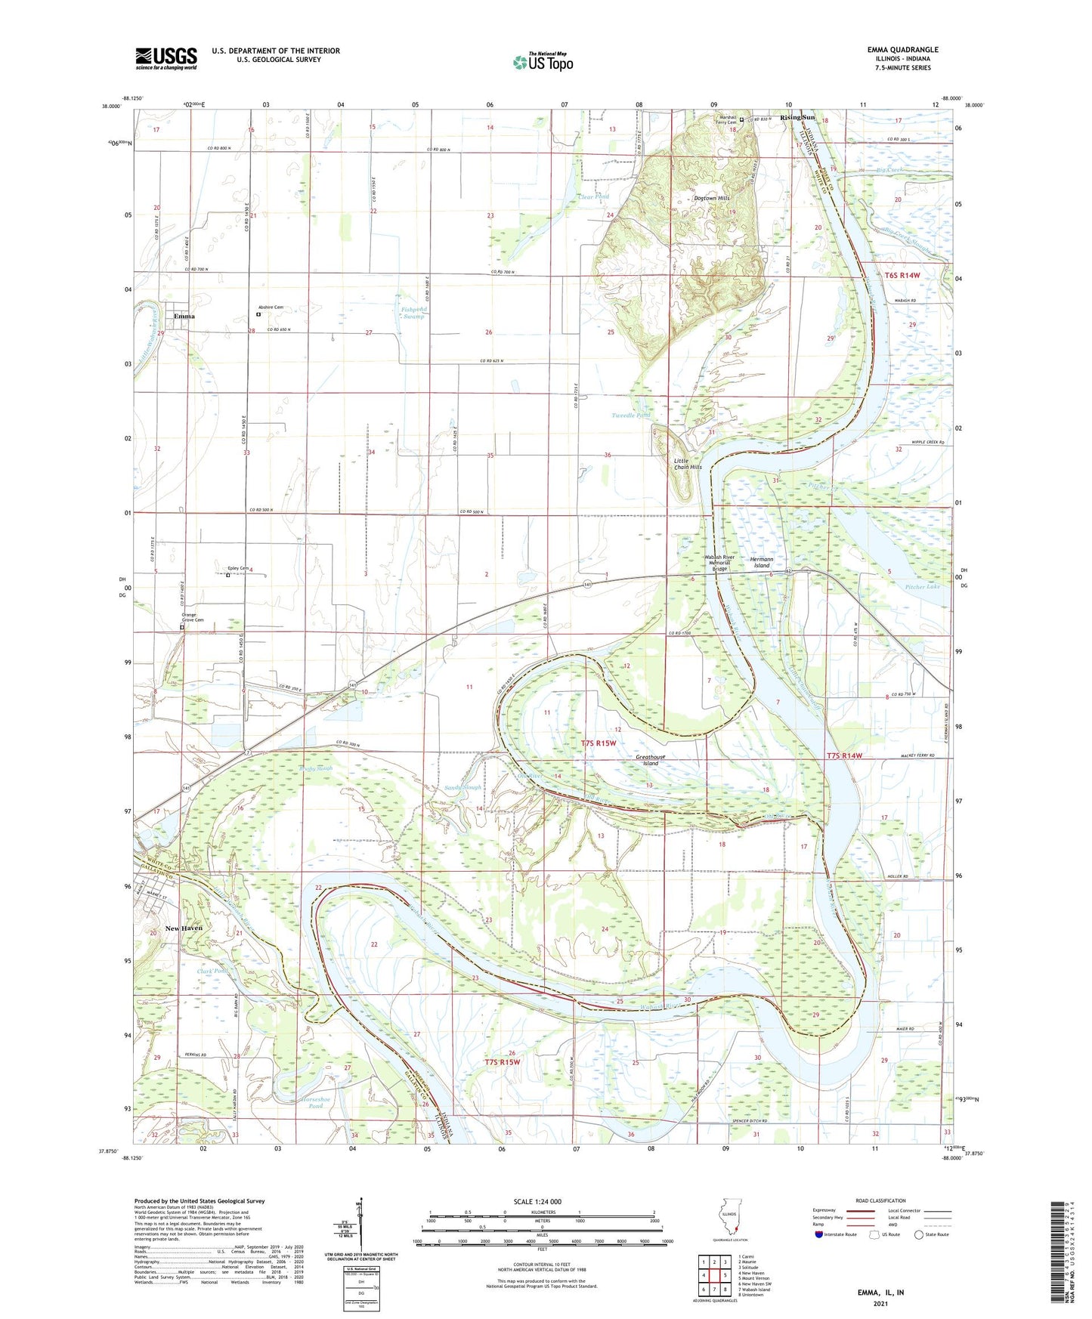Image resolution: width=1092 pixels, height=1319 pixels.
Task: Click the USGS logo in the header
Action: [166, 57]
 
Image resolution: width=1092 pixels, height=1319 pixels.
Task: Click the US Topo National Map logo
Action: [543, 61]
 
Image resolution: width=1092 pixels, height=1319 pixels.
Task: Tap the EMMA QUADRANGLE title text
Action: [902, 50]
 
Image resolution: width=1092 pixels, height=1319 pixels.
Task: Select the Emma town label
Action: [184, 317]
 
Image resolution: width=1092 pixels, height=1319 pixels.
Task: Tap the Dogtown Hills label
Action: [712, 198]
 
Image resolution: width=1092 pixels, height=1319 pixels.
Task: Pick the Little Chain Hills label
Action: [688, 463]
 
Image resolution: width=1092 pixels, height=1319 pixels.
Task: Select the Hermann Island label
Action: [761, 562]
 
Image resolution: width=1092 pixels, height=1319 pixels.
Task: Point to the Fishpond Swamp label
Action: [413, 313]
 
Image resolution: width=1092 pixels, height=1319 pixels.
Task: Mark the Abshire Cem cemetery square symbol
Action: [258, 314]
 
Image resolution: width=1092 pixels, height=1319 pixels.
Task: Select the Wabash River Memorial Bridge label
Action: [719, 562]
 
